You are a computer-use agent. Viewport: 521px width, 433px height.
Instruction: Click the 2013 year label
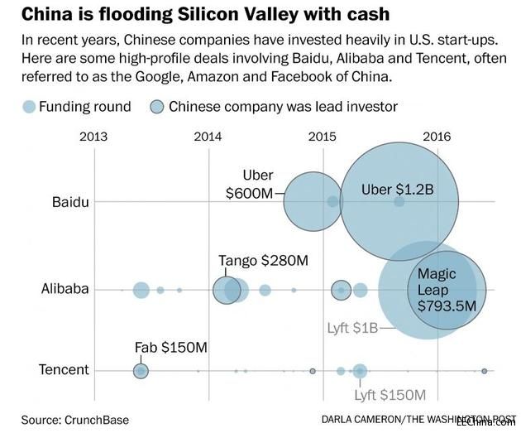(x=93, y=137)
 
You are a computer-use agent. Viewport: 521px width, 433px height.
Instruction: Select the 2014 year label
(x=208, y=137)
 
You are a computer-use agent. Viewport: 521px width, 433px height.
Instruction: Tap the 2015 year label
(x=322, y=137)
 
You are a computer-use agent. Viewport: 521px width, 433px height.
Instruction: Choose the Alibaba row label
(x=64, y=289)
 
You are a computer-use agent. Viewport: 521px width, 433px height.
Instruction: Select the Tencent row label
(x=64, y=369)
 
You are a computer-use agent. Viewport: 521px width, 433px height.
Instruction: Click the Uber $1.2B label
(x=397, y=190)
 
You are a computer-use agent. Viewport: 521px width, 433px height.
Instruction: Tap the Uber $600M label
(x=249, y=184)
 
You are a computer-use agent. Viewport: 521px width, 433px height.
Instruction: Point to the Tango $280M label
(x=263, y=260)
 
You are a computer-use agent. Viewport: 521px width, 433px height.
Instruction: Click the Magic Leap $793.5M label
(x=447, y=290)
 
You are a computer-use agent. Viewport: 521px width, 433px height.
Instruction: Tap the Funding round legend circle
(x=28, y=107)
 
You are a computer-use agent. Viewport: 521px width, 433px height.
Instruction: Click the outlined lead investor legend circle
(x=155, y=107)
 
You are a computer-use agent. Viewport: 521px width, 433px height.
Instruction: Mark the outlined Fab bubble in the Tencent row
(x=141, y=370)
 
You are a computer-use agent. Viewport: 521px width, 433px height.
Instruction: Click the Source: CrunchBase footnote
(x=75, y=419)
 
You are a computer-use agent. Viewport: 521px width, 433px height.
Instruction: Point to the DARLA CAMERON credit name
(x=361, y=419)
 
